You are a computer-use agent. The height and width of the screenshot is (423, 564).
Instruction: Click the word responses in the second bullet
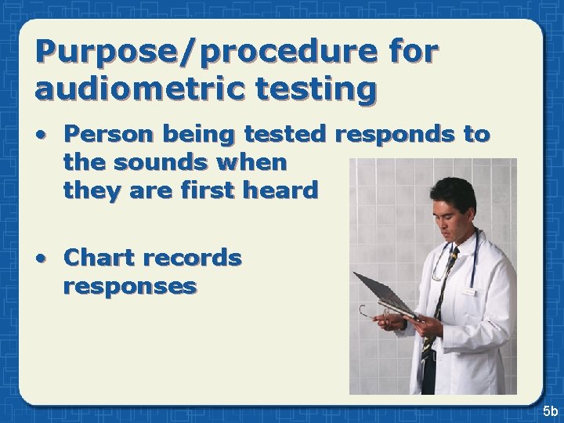pos(129,285)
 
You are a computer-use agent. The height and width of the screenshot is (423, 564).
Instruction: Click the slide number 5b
pos(548,410)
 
